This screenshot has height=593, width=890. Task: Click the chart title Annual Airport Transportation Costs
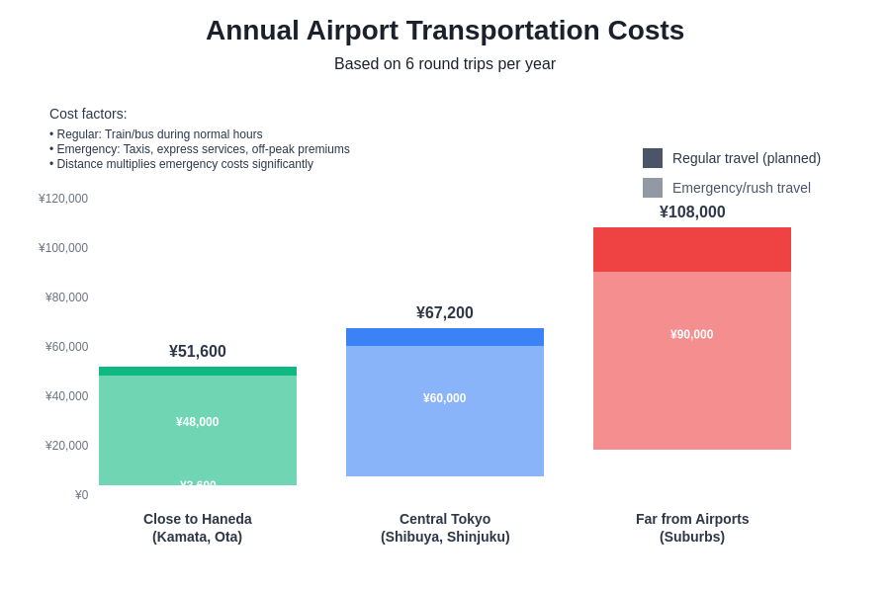[445, 31]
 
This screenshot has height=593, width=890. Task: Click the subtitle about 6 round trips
[445, 64]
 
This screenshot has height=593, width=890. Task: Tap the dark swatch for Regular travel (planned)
[653, 158]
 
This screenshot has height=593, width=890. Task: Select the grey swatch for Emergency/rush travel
[653, 188]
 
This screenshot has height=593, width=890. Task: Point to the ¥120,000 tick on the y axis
[63, 199]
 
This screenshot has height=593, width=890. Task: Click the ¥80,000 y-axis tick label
[66, 297]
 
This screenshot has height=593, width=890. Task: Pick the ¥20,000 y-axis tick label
[66, 446]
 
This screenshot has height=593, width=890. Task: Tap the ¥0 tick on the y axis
[81, 495]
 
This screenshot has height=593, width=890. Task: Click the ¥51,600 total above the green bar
[198, 352]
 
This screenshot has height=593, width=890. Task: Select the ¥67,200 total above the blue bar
[445, 313]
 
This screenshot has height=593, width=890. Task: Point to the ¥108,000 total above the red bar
[692, 212]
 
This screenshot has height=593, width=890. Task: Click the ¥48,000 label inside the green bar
[198, 422]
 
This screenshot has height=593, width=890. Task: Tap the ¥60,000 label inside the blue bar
[445, 398]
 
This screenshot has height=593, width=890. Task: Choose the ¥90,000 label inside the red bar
[692, 335]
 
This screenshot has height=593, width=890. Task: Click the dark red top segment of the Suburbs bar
[692, 250]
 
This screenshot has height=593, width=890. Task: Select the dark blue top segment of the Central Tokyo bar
[445, 337]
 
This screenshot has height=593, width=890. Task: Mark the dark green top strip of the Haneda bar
[198, 372]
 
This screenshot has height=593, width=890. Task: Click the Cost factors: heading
[88, 114]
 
